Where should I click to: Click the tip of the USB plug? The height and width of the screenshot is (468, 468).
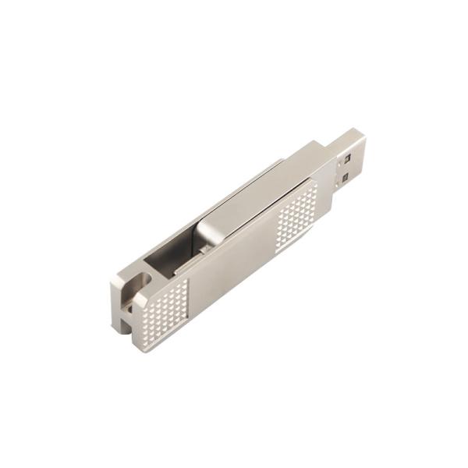click(x=360, y=139)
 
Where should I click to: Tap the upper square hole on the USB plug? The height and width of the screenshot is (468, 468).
click(x=343, y=161)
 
